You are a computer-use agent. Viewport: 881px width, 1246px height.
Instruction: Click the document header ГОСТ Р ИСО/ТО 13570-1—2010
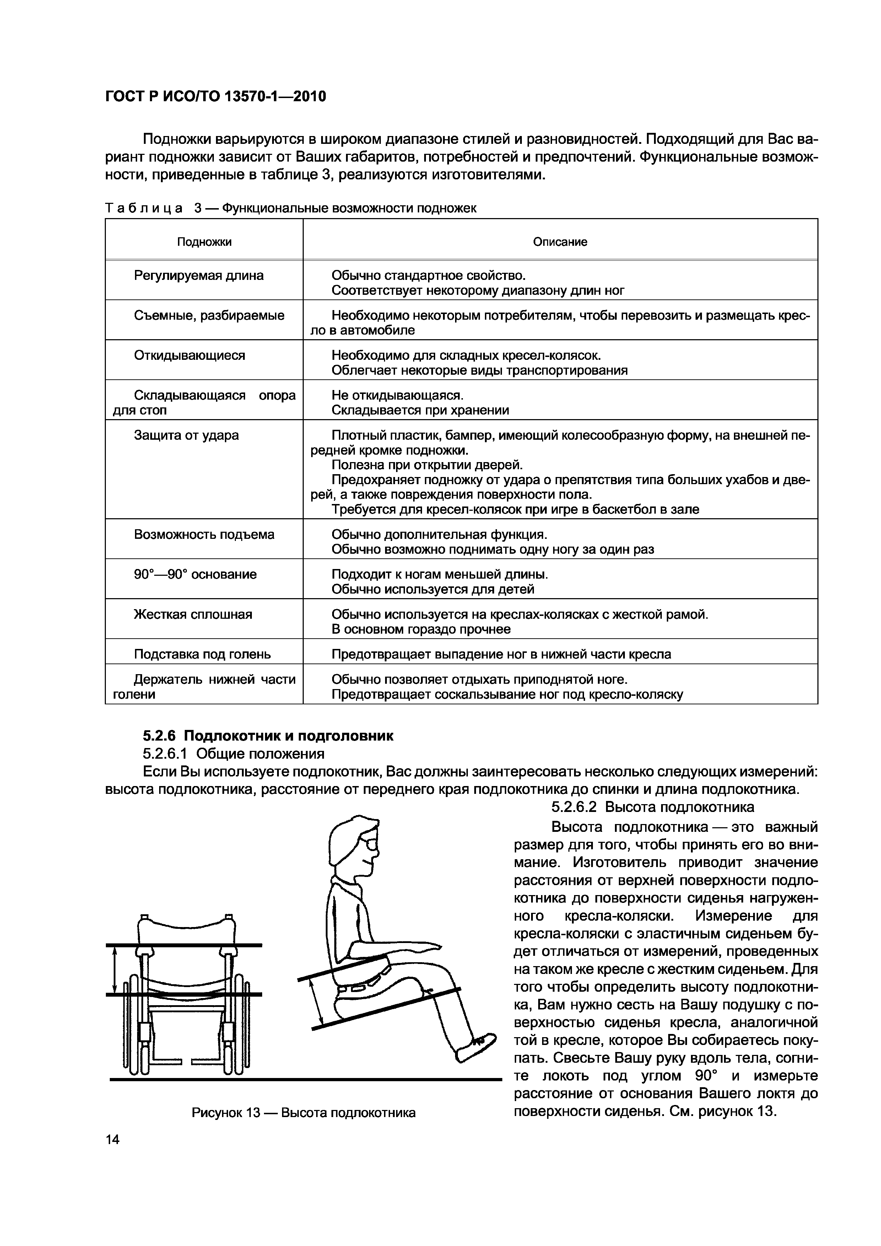(x=216, y=97)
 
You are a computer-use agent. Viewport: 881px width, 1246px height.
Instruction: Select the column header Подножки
(x=204, y=242)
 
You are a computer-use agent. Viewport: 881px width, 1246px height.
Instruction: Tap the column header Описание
(x=560, y=242)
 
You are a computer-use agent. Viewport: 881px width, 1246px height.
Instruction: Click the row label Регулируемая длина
(x=199, y=276)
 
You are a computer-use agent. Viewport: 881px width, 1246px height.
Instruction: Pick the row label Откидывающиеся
(x=189, y=356)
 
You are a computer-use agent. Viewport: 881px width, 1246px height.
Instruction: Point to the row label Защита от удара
(x=186, y=435)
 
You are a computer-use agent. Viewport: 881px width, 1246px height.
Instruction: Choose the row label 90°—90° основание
(x=195, y=574)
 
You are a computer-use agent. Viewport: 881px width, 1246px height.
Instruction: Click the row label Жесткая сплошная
(x=193, y=614)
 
